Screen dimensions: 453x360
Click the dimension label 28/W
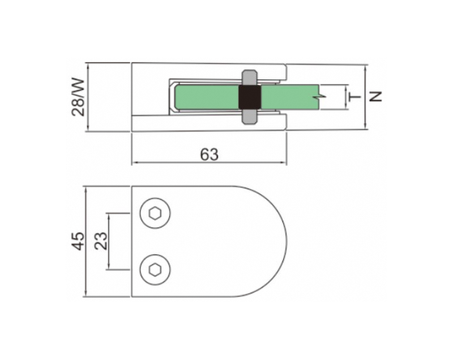[x=78, y=97]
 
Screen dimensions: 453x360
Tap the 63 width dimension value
[x=210, y=155]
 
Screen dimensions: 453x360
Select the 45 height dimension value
[x=78, y=241]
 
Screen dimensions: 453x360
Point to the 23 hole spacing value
[x=101, y=241]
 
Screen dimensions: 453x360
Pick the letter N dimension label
[x=375, y=96]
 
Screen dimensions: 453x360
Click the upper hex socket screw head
[x=155, y=213]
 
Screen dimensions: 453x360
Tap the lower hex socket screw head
[x=155, y=269]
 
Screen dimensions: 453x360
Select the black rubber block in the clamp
[x=250, y=97]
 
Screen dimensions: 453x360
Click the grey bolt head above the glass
[x=250, y=77]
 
